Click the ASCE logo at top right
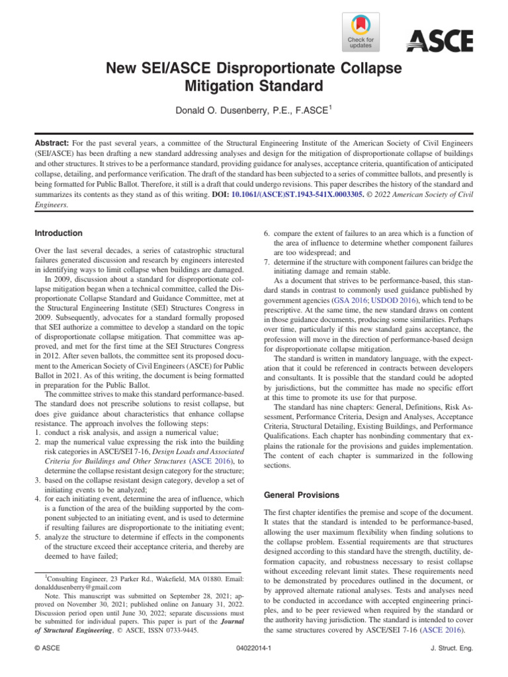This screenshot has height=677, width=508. click(x=439, y=42)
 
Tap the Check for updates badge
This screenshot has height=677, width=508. click(x=360, y=31)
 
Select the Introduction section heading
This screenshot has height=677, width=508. click(x=58, y=233)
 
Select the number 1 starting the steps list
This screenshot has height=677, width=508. click(x=37, y=414)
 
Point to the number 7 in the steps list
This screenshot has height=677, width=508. click(x=267, y=262)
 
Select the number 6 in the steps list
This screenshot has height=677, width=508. click(x=267, y=233)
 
